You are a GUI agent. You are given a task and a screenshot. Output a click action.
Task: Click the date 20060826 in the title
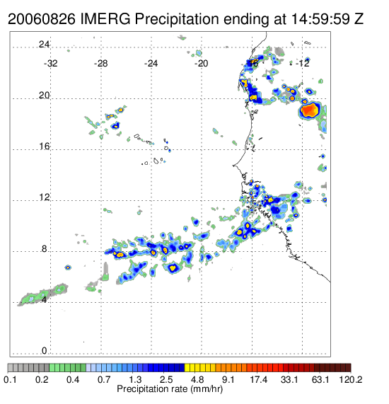(42, 19)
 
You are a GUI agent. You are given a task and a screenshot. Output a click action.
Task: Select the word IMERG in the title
(105, 19)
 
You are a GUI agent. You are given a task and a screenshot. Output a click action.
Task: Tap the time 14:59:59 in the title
(320, 19)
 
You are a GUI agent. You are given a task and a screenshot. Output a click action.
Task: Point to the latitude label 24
(44, 45)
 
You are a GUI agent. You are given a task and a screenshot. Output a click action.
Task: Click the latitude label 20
(44, 96)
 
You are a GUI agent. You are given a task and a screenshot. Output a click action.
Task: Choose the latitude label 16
(44, 146)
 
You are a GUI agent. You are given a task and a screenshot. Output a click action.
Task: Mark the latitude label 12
(44, 197)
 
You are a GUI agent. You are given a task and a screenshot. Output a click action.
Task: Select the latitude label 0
(45, 351)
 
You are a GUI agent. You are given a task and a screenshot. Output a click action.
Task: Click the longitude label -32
(50, 64)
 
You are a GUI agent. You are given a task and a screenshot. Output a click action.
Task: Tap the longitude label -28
(100, 64)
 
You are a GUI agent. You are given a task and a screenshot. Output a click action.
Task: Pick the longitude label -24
(151, 64)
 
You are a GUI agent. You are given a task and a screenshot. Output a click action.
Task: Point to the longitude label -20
(201, 64)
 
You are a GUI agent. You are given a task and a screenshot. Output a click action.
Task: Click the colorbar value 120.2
(351, 379)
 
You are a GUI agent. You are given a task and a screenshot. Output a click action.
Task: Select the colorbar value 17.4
(259, 379)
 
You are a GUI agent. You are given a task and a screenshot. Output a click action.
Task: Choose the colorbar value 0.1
(10, 379)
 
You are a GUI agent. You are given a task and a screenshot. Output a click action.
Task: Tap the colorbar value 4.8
(197, 379)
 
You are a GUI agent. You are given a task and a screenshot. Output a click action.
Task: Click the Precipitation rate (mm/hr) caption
(170, 389)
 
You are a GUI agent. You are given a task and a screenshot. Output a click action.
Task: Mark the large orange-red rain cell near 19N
(309, 110)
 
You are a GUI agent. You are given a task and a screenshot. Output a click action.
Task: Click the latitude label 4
(45, 300)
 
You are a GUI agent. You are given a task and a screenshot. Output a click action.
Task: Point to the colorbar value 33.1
(289, 379)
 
